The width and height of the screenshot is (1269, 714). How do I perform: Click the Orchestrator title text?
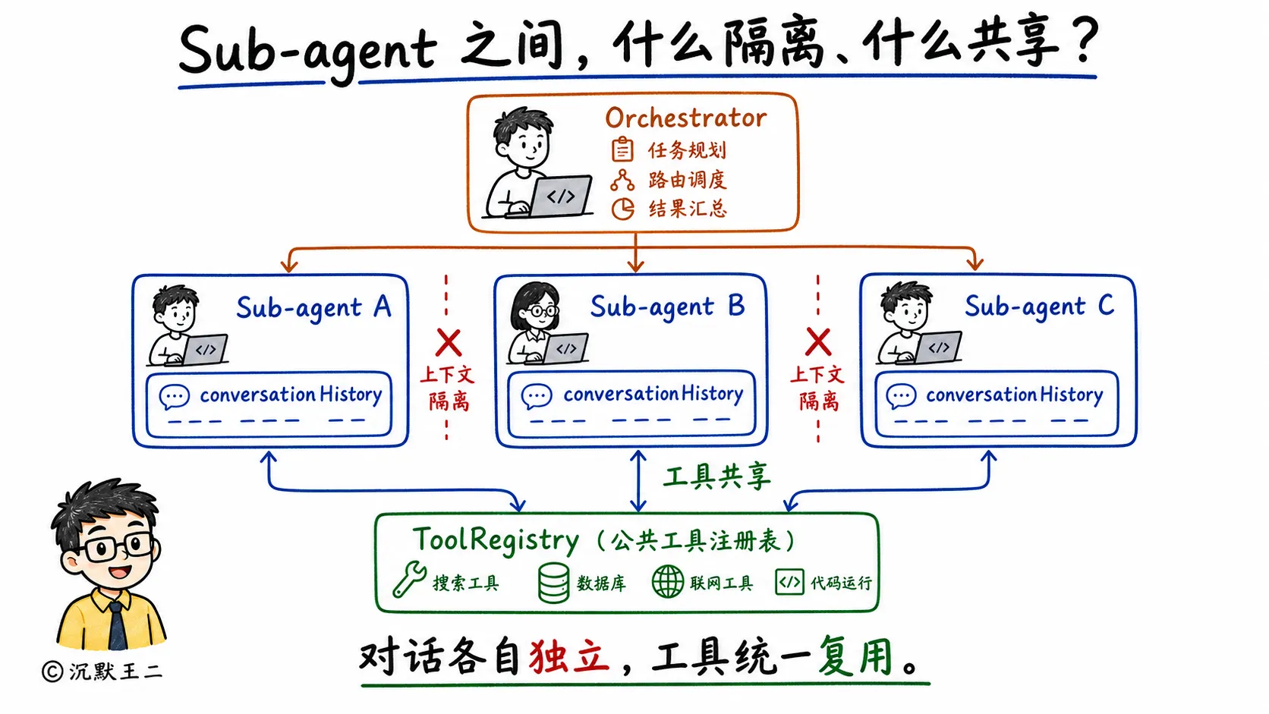(685, 118)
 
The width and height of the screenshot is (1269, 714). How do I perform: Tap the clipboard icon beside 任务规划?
(622, 149)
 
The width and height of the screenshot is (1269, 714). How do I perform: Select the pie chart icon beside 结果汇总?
(622, 209)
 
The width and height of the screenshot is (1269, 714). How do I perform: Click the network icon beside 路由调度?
(622, 180)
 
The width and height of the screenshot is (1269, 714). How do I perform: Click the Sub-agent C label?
(1040, 307)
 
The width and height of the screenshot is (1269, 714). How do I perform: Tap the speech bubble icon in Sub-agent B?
(536, 396)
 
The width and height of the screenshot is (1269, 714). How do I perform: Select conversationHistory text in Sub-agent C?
(1014, 395)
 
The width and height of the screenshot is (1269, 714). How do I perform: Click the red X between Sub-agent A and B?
(448, 342)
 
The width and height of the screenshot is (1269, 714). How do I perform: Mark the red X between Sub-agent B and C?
(818, 341)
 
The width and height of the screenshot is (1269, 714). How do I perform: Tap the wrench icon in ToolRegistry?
(409, 579)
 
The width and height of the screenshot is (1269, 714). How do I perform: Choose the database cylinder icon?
(553, 583)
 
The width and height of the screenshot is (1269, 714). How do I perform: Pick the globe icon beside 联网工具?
(668, 581)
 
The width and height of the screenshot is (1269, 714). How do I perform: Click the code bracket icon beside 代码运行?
(789, 582)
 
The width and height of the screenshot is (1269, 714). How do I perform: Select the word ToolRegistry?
(496, 539)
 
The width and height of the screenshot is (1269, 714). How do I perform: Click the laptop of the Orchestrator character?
(561, 195)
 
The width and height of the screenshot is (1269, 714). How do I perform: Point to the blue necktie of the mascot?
(118, 626)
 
